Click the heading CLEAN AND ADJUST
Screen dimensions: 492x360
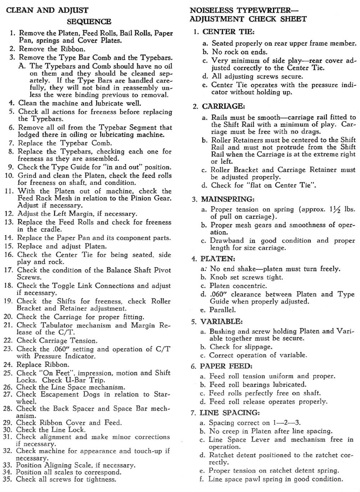[x=47, y=10]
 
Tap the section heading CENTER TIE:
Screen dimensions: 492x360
[x=229, y=32]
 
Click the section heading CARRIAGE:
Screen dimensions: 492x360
[x=224, y=106]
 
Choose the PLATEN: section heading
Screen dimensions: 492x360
[x=218, y=259]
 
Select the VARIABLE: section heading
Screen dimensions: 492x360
[x=221, y=321]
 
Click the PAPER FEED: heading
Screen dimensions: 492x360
[x=226, y=366]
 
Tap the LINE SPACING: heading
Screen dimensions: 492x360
[x=229, y=412]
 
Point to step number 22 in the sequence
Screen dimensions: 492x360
[x=8, y=340]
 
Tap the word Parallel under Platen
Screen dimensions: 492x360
[x=222, y=310]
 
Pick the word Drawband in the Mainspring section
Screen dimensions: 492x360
[x=227, y=241]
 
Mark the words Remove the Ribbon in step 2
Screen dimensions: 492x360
[x=52, y=49]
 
